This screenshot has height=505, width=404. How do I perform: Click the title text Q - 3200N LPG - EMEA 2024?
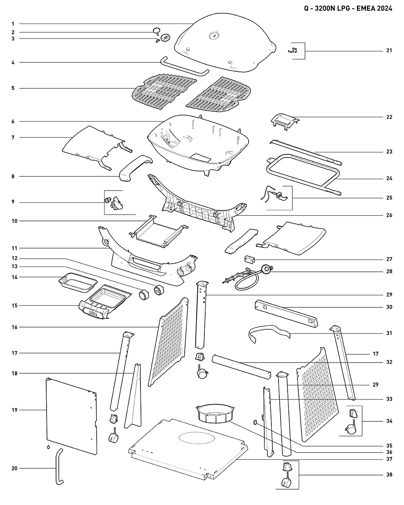[x=348, y=8]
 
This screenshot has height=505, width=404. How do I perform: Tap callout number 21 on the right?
[x=389, y=50]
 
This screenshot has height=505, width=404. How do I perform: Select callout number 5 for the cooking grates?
[x=13, y=88]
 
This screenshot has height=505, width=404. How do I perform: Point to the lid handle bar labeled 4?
[x=185, y=66]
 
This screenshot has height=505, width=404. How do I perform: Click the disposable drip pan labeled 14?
[x=78, y=282]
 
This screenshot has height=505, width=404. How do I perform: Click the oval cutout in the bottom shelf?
[x=197, y=438]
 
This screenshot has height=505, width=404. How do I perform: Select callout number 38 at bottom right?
[x=389, y=475]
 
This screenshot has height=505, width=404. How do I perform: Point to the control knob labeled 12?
[x=159, y=290]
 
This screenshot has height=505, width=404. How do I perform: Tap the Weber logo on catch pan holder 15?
[x=93, y=313]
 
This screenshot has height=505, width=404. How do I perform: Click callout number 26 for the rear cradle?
[x=389, y=215]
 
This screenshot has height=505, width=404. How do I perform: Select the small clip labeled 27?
[x=249, y=259]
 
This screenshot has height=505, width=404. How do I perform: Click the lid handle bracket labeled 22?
[x=285, y=122]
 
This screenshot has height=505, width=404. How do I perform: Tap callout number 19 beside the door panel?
[x=15, y=410]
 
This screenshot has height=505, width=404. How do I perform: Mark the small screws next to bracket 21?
[x=293, y=50]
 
